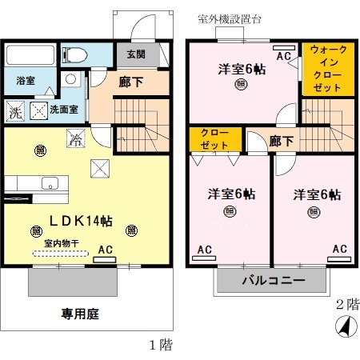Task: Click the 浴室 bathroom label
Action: pos(23,80)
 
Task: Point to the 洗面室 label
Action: pos(64,110)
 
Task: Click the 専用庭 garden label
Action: pos(80,314)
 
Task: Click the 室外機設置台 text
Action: pos(232,18)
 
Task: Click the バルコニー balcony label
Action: pos(272,282)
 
